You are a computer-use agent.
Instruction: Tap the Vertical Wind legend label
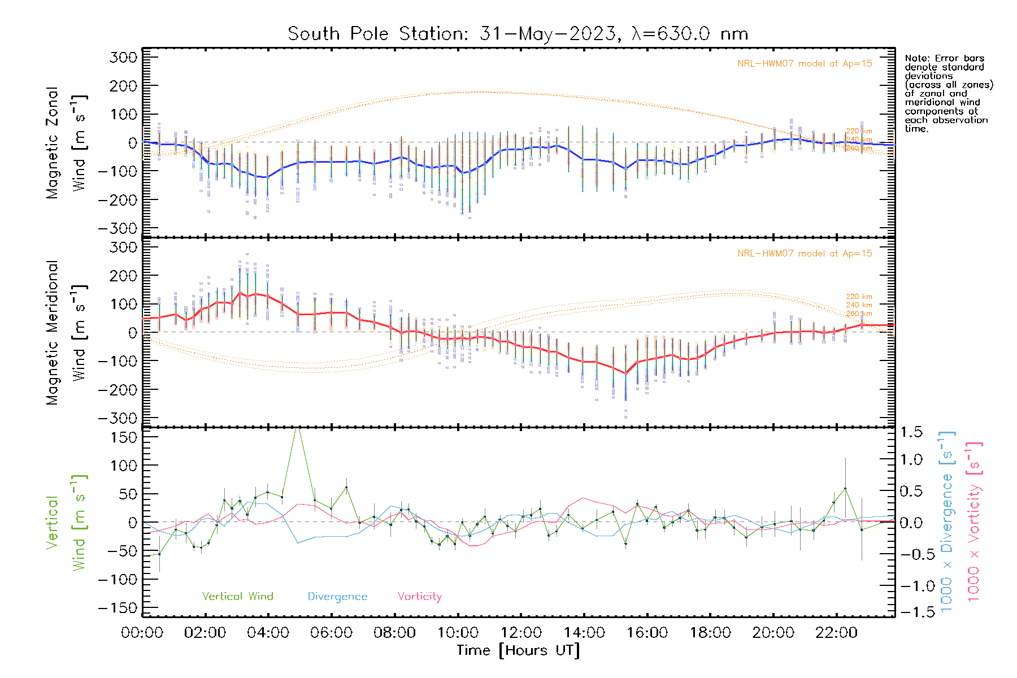coord(237,596)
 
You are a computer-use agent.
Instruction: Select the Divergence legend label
coord(337,596)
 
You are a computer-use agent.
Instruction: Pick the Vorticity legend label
coord(419,596)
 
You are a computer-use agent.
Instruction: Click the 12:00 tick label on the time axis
coord(521,632)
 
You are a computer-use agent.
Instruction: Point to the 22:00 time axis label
coord(836,632)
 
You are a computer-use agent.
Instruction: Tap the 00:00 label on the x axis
coord(142,632)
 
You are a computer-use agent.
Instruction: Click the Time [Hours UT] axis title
coord(518,650)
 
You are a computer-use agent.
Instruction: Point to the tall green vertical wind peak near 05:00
coord(298,431)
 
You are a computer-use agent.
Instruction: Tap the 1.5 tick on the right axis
coord(911,432)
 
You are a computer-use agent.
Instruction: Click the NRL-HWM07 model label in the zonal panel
coord(805,64)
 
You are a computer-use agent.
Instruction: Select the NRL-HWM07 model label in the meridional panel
coord(805,254)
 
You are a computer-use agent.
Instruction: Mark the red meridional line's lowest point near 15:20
coord(625,373)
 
